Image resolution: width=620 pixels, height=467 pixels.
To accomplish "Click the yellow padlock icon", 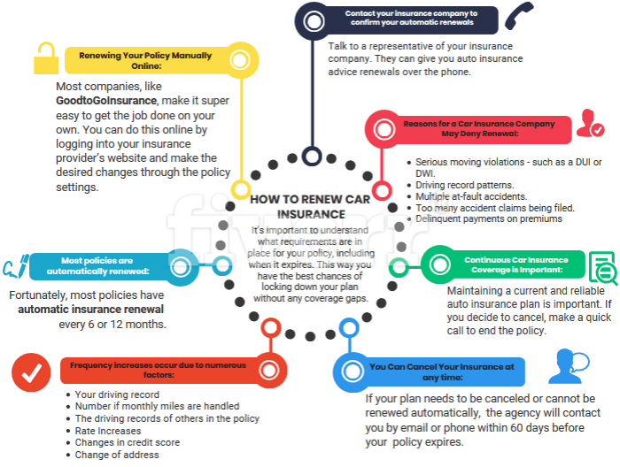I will [x=43, y=59].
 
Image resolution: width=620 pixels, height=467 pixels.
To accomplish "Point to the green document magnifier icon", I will [x=602, y=268].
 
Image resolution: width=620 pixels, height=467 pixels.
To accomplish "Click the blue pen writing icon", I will [x=15, y=266].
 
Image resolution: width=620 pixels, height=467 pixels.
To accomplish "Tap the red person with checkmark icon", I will [x=589, y=123].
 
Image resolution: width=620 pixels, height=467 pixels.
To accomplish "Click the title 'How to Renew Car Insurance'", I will [x=298, y=206].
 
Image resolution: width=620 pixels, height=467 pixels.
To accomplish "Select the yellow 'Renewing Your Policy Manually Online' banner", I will [x=146, y=60].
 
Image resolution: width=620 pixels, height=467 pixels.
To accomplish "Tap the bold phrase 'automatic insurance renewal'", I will [x=91, y=310].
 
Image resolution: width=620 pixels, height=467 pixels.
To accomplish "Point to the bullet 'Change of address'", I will [x=117, y=455].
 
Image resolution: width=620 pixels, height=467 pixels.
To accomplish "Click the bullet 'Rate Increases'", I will [x=107, y=431].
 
